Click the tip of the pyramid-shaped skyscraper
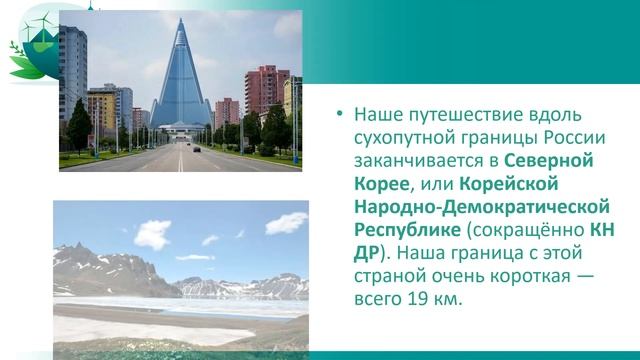180,21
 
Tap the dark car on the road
196,148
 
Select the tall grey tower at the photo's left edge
73,75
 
